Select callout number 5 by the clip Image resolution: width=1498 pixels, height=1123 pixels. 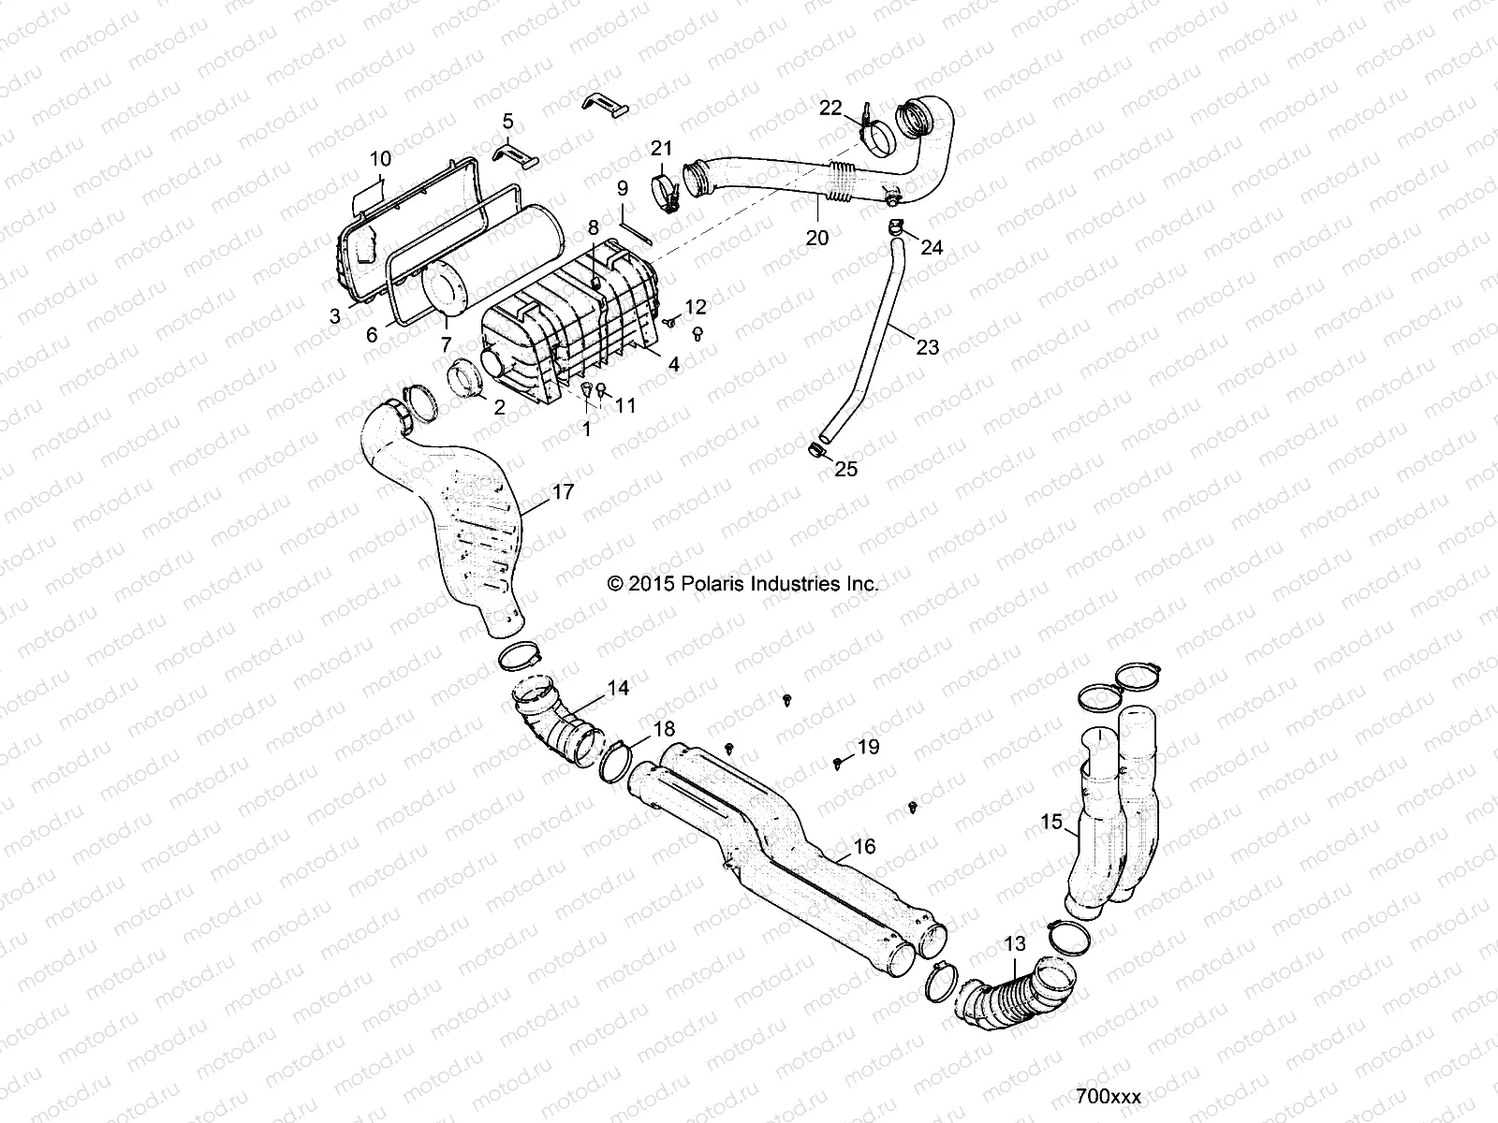[x=507, y=121]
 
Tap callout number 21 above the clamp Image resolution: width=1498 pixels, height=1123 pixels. [x=662, y=148]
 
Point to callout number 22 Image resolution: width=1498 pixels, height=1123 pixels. [x=830, y=108]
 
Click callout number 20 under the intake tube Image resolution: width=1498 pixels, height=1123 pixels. [x=817, y=238]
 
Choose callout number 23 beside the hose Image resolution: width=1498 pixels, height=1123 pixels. [x=927, y=347]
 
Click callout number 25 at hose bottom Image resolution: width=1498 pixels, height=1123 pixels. [x=845, y=469]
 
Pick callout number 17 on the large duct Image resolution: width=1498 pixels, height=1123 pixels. [x=563, y=491]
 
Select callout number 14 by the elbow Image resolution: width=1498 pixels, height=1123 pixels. [x=618, y=688]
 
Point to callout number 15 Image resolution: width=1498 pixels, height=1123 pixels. [x=1051, y=822]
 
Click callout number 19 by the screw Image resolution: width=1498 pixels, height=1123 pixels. [x=868, y=746]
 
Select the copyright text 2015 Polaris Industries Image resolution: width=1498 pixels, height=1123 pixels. [x=743, y=584]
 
